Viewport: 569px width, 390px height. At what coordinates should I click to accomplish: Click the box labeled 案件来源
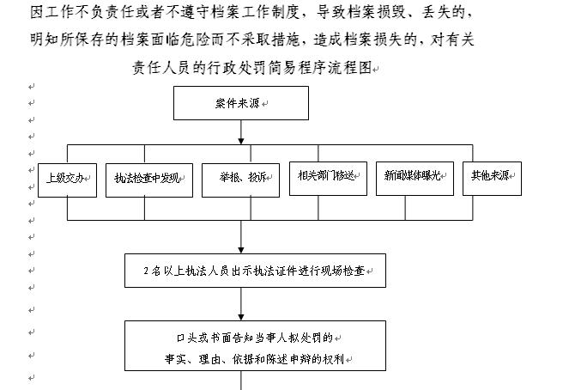click(x=241, y=103)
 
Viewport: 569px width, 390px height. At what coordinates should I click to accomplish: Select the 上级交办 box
click(x=68, y=180)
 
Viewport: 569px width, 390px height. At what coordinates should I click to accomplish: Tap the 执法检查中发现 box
click(x=149, y=180)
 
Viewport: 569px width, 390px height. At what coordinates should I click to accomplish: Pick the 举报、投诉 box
click(x=240, y=180)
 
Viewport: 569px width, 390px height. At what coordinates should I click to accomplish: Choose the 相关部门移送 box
click(x=328, y=179)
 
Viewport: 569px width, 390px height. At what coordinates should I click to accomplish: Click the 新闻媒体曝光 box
click(x=415, y=179)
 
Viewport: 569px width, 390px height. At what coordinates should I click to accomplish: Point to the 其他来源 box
click(x=492, y=179)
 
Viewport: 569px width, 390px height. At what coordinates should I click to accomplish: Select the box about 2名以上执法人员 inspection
click(x=255, y=271)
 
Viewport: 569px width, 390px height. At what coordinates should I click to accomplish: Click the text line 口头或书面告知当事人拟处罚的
click(x=255, y=338)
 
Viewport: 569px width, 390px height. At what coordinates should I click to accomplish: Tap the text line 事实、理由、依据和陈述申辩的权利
click(x=254, y=359)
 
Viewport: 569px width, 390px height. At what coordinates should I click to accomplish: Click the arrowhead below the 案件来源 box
click(x=241, y=141)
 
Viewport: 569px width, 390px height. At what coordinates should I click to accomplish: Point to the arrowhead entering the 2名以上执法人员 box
click(x=241, y=250)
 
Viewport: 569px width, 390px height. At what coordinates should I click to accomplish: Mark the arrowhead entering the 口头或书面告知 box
click(x=241, y=317)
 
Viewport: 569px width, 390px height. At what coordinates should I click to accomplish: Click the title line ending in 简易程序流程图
click(x=252, y=68)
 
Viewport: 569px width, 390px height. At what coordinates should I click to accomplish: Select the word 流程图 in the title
click(x=350, y=68)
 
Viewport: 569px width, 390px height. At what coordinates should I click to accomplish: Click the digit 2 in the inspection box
click(x=146, y=271)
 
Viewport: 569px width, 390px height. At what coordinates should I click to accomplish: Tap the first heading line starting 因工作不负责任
click(x=251, y=12)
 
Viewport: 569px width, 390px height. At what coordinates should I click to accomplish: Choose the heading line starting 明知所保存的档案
click(x=252, y=40)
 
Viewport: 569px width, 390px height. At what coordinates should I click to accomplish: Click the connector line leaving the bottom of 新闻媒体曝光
click(x=405, y=208)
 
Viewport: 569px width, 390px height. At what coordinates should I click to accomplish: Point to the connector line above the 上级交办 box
click(x=68, y=154)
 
